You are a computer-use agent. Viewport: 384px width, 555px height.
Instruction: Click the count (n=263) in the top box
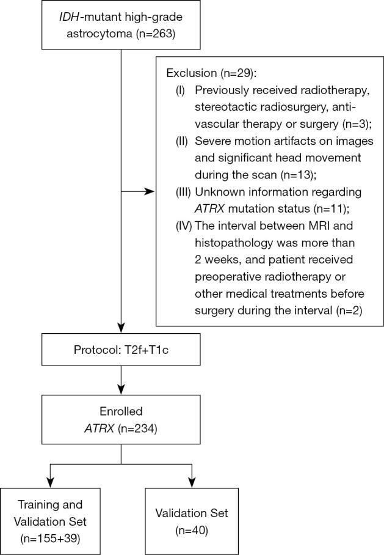(155, 33)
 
